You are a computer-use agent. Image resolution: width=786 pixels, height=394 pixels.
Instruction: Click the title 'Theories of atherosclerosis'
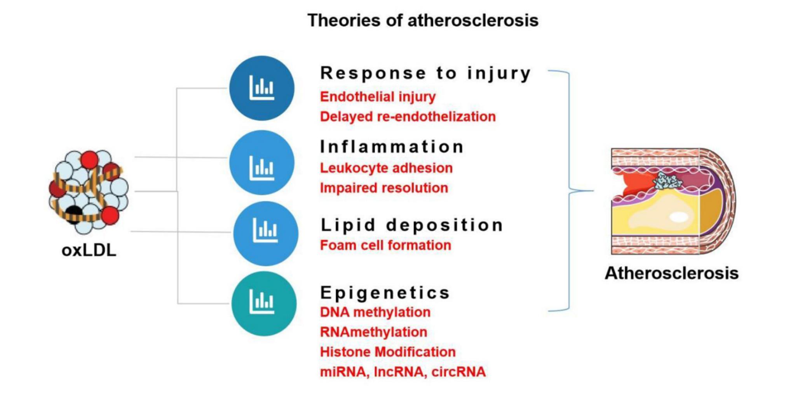point(423,20)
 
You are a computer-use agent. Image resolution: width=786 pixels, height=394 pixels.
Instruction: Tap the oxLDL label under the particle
point(89,250)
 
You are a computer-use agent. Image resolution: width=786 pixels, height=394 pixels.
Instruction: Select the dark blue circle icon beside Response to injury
point(261,88)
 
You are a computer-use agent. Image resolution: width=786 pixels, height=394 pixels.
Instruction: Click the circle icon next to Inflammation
point(261,163)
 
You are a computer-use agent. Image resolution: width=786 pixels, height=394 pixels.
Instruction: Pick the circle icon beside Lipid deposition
point(265,233)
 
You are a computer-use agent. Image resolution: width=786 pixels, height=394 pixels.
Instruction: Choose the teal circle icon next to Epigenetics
point(263,303)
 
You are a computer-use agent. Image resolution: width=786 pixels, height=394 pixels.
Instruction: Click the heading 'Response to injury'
point(425,73)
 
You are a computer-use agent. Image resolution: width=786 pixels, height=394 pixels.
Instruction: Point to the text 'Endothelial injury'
point(378,96)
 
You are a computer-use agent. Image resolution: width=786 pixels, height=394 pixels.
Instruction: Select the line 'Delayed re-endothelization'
point(408,117)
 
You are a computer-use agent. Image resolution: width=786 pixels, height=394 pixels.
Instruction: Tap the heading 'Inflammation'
point(392,147)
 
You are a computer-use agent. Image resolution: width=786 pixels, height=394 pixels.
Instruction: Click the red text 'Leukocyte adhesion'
point(386,168)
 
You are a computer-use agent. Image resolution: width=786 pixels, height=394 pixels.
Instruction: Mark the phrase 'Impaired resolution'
point(384,188)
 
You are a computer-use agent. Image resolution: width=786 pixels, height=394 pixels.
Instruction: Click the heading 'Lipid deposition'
point(412,225)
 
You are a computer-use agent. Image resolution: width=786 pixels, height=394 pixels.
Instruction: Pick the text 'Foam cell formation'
point(385,245)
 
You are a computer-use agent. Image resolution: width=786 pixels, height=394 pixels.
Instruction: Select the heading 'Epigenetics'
point(385,292)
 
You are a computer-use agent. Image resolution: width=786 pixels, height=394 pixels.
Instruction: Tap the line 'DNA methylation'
point(375,312)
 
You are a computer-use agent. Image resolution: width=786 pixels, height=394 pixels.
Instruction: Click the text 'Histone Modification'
point(388,352)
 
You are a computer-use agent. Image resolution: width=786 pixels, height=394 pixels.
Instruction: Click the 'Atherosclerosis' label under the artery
point(671,273)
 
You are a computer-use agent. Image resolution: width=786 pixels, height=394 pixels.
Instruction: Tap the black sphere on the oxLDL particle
point(73,214)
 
